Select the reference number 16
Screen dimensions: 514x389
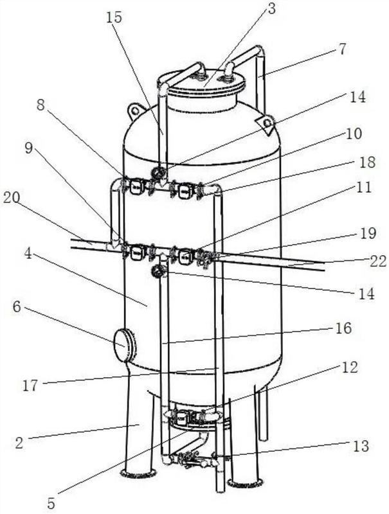(345, 328)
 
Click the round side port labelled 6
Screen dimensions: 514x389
(125, 346)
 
